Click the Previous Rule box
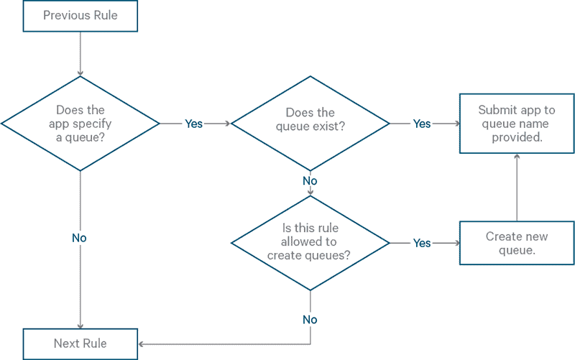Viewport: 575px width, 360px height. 80,16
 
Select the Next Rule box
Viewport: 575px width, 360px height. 80,343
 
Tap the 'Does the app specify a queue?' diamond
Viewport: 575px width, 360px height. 80,123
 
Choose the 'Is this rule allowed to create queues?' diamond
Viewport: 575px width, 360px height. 310,243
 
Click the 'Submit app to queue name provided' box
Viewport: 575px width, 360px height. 517,123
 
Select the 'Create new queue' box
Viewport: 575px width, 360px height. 517,243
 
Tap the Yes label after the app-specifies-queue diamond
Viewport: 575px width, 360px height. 194,124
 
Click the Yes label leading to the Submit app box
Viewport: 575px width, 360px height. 422,124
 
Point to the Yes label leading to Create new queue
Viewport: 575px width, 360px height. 422,243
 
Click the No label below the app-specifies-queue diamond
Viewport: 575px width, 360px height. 80,238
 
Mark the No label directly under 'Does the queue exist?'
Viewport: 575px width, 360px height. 310,181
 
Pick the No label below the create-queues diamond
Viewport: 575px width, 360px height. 310,319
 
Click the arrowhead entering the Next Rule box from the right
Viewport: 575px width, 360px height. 142,343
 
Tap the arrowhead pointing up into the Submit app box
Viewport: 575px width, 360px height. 517,157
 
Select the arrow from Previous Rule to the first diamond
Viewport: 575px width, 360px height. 80,54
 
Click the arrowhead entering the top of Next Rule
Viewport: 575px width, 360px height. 80,325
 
